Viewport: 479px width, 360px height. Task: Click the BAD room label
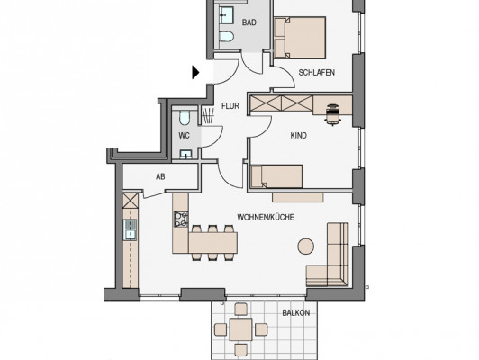(249, 22)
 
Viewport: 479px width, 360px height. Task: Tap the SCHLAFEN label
(317, 73)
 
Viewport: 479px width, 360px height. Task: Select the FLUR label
(230, 106)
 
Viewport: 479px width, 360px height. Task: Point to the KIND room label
(298, 136)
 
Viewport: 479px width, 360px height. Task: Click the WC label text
(184, 136)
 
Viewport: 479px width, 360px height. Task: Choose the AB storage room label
(160, 176)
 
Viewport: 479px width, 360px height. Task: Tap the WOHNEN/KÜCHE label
(266, 218)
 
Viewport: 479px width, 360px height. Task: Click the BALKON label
(295, 313)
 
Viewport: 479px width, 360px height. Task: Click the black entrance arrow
(195, 73)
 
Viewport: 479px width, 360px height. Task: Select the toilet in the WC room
(185, 118)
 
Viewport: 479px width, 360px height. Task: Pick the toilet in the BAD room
(226, 36)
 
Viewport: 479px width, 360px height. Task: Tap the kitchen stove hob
(181, 220)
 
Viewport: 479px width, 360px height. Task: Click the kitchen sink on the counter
(131, 229)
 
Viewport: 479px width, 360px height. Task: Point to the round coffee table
(306, 247)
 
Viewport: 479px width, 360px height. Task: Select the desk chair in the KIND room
(332, 114)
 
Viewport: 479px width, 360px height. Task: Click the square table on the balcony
(241, 329)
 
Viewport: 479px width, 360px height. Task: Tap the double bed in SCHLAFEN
(300, 38)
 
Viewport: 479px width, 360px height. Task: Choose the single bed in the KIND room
(276, 176)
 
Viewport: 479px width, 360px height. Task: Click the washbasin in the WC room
(185, 155)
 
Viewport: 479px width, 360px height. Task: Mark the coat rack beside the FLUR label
(207, 115)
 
